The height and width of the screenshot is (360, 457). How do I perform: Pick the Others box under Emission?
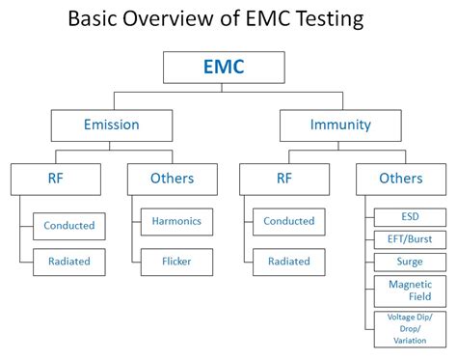point(172,178)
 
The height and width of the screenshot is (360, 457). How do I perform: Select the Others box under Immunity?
point(400,178)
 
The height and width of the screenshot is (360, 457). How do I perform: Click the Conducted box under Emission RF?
point(69,226)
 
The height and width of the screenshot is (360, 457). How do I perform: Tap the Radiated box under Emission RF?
point(69,262)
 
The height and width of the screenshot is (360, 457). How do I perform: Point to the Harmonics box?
point(176,221)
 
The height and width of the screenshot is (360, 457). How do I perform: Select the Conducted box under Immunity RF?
point(289,221)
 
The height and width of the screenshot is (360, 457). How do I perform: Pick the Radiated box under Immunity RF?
point(289,261)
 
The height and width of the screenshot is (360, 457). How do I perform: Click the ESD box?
point(410,216)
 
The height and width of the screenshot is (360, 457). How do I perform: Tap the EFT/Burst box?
point(410,238)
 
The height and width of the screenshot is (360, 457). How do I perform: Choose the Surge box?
point(410,262)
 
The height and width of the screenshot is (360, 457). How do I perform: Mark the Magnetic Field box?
point(410,291)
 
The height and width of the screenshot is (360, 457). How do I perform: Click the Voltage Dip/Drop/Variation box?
point(410,328)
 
